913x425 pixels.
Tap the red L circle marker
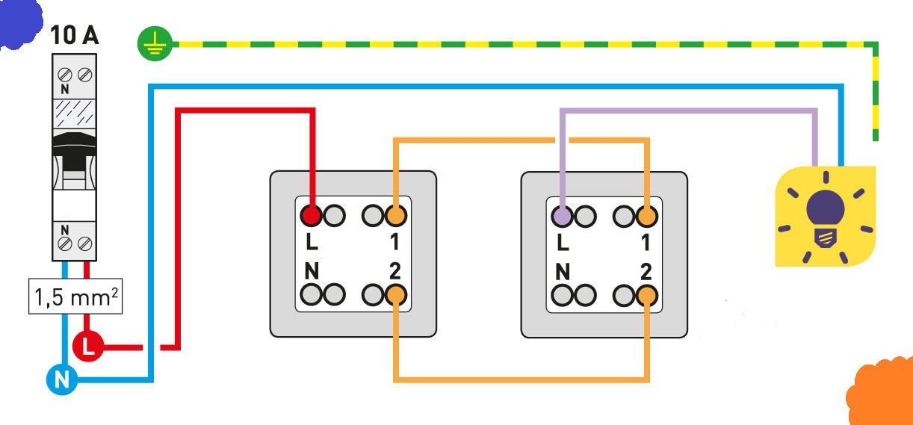[x=89, y=347]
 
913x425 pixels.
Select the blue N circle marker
[x=61, y=380]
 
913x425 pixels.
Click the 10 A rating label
[x=74, y=35]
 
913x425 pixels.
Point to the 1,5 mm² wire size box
[x=75, y=299]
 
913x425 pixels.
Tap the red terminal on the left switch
[x=312, y=216]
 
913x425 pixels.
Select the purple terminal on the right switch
[x=563, y=216]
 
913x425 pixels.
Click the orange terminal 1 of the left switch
[x=397, y=216]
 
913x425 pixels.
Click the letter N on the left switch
[x=312, y=270]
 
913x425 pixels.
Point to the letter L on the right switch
[x=563, y=243]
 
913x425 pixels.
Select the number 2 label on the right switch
[x=646, y=270]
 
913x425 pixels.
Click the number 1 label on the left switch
[x=395, y=243]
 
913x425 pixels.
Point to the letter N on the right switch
[x=563, y=270]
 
